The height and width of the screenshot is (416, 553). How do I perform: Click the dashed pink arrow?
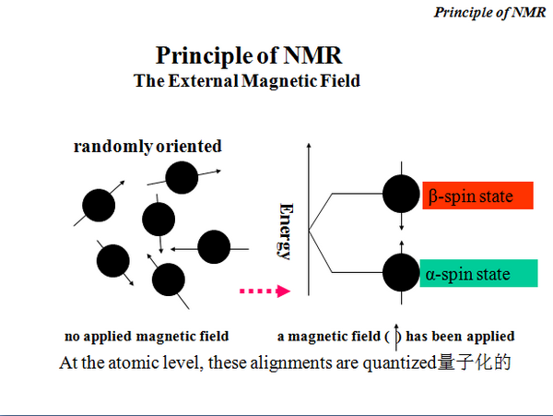coord(265,291)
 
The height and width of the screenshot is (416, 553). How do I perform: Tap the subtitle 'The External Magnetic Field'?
coord(246,81)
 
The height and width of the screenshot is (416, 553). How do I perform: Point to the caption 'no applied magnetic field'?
coord(147,336)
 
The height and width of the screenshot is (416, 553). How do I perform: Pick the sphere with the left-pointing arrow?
coord(214,246)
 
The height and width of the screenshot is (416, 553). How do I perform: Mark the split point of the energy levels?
coord(309,232)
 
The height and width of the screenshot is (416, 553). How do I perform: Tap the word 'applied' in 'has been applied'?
coord(489,336)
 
